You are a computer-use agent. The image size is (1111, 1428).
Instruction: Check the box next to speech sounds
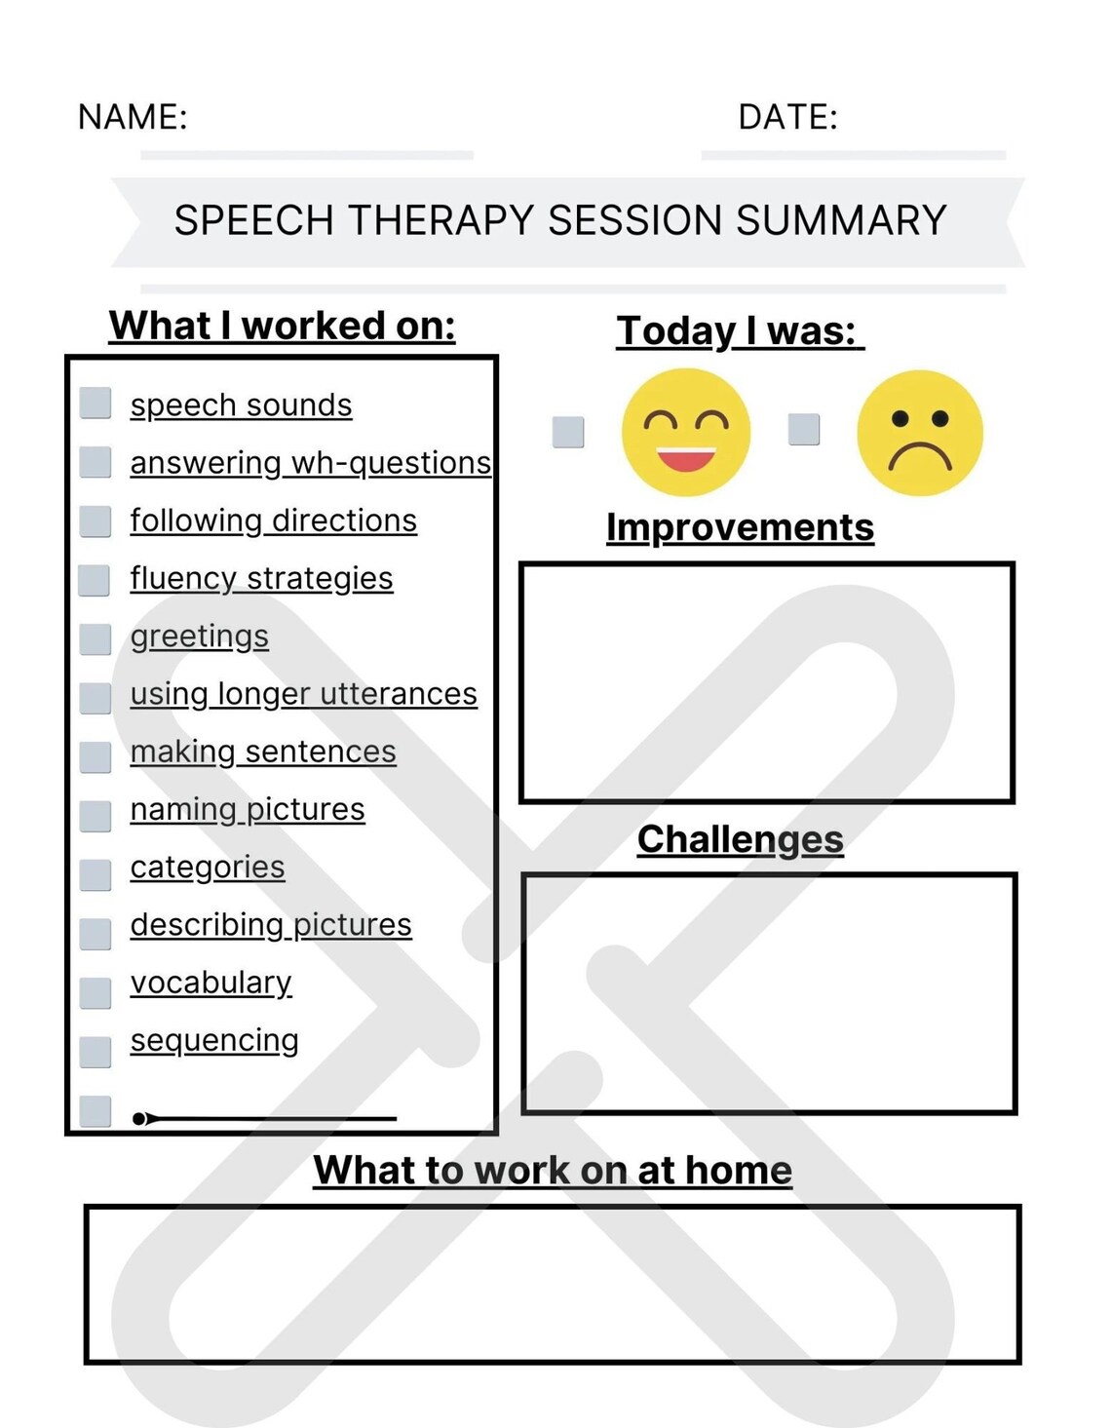click(96, 403)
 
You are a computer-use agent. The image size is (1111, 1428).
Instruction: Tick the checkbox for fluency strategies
click(95, 580)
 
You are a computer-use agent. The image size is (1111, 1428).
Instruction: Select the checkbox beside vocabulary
click(96, 992)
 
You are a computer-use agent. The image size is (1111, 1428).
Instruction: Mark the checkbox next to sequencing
click(96, 1052)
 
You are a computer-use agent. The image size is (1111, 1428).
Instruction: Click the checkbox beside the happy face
click(568, 432)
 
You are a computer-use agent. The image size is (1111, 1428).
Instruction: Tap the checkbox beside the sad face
click(804, 429)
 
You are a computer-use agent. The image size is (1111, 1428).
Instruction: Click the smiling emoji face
click(686, 432)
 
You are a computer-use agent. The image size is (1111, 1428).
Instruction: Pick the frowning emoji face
click(920, 433)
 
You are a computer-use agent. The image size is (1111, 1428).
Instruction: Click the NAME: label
click(133, 117)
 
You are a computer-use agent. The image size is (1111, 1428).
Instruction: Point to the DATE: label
click(787, 117)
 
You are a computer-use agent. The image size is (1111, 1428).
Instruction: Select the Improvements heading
click(740, 527)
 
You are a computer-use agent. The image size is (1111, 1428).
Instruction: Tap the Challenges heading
click(740, 839)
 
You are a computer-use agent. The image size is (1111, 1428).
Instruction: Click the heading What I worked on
click(282, 326)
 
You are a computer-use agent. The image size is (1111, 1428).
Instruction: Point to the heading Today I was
click(739, 330)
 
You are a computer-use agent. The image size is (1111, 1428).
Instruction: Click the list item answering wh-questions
click(310, 462)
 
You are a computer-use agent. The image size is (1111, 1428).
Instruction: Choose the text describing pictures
click(271, 924)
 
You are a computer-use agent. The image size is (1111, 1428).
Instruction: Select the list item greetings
click(200, 636)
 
